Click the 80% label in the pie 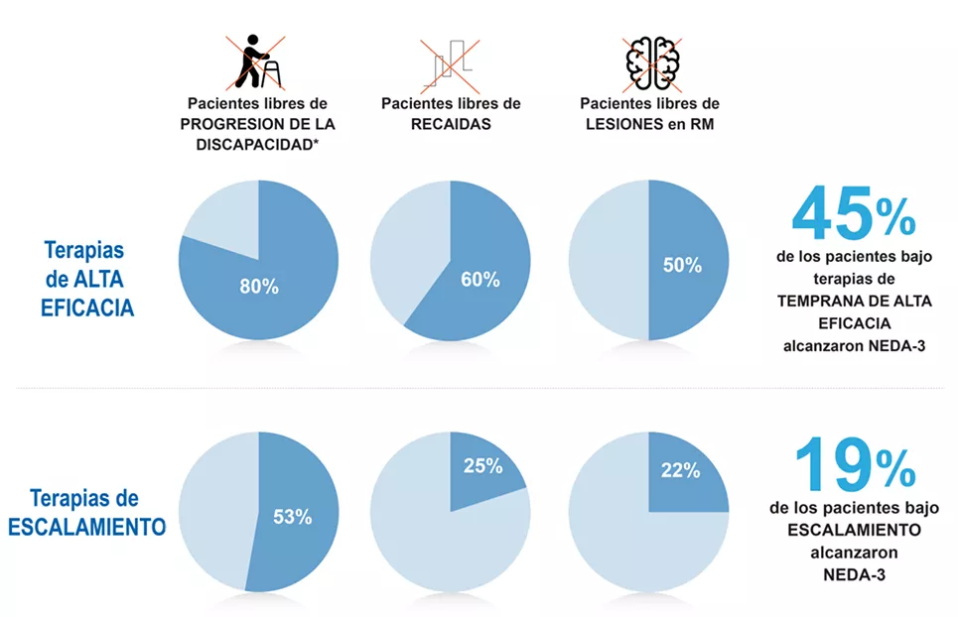pyautogui.click(x=259, y=287)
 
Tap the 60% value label pyautogui.click(x=479, y=280)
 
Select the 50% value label pyautogui.click(x=682, y=266)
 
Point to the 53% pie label pyautogui.click(x=293, y=517)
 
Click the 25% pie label pyautogui.click(x=482, y=464)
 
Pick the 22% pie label pyautogui.click(x=680, y=471)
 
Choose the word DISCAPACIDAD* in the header pyautogui.click(x=257, y=147)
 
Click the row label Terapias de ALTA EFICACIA pyautogui.click(x=86, y=279)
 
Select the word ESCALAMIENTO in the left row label pyautogui.click(x=87, y=526)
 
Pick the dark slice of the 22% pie pyautogui.click(x=687, y=473)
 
